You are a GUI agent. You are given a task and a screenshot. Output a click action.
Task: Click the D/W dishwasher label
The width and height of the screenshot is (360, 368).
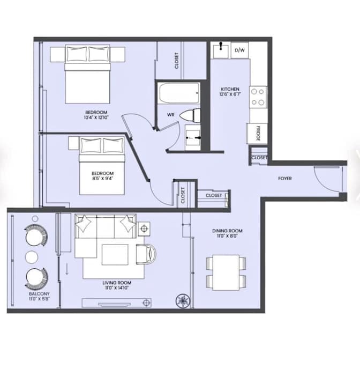coord(239,50)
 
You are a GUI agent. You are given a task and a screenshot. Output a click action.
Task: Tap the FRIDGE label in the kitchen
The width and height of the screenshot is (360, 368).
coord(258,134)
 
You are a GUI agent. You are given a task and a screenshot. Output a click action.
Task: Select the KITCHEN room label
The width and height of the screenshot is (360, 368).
coord(230,92)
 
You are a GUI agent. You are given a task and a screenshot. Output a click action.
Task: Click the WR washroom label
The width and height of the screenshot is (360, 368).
coord(170,115)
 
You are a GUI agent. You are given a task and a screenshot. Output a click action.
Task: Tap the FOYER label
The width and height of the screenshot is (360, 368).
coord(284,179)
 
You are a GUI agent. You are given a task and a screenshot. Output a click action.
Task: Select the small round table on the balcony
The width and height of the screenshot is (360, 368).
coord(32,256)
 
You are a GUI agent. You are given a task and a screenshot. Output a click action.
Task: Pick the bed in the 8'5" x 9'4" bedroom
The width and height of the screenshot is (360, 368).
coord(102,163)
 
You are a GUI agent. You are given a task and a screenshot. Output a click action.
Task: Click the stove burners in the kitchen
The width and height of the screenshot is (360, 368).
coord(258,97)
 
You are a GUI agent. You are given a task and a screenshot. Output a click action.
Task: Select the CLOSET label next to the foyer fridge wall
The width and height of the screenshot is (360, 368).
coord(259,158)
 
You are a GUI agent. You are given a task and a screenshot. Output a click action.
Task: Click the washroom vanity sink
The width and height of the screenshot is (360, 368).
coord(193,138)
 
